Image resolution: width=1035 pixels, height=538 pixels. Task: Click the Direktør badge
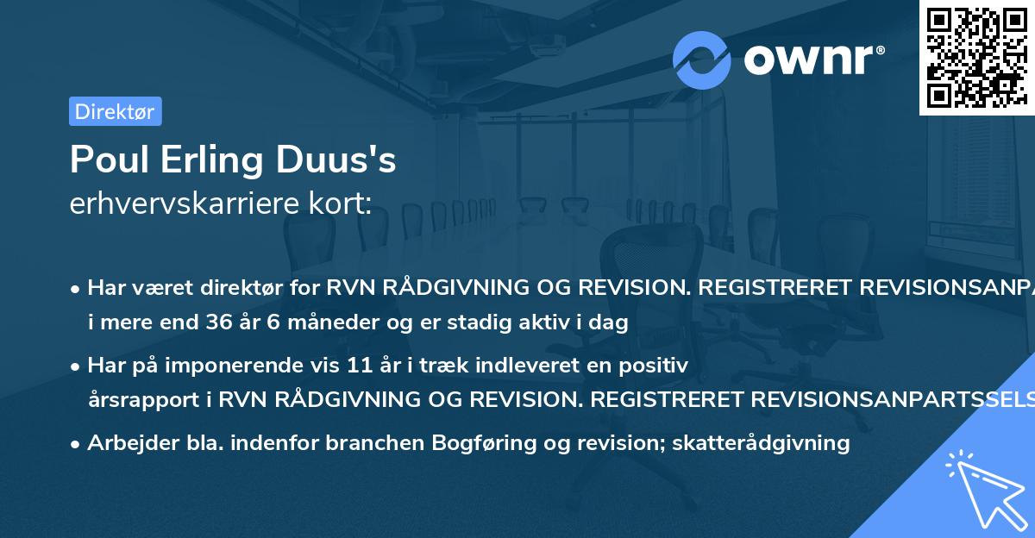(x=115, y=111)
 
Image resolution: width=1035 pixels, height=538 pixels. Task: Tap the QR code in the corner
(x=976, y=57)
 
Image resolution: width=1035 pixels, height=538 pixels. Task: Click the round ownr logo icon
(x=702, y=59)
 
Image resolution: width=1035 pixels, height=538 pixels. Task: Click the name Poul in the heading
(x=107, y=160)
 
